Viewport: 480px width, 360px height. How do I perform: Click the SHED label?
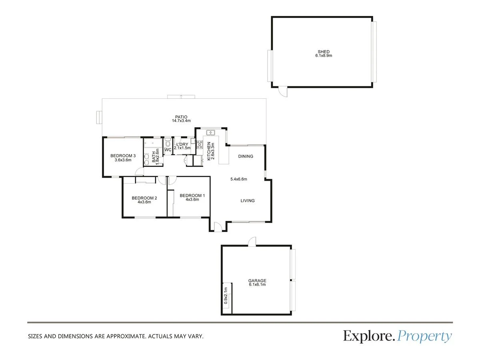(324, 52)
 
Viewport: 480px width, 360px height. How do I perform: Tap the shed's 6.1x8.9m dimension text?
(324, 56)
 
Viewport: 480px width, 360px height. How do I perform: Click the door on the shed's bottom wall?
(283, 92)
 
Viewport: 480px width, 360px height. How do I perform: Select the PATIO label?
(180, 117)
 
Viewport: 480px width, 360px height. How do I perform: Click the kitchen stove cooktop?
(199, 144)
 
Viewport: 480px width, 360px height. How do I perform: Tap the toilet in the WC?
(168, 143)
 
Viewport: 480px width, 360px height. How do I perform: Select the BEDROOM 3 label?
(123, 156)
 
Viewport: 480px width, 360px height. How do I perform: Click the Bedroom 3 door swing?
(139, 172)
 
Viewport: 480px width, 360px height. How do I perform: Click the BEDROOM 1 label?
(192, 196)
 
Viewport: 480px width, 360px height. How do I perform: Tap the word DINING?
(246, 156)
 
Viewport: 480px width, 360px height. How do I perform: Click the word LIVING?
(248, 201)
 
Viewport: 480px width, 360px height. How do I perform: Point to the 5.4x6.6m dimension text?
(239, 179)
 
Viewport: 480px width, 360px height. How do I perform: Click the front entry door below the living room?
(218, 227)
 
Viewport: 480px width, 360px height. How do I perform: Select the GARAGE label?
(257, 281)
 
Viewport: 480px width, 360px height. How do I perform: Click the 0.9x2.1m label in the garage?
(226, 296)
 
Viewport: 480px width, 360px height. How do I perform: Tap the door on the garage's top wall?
(251, 242)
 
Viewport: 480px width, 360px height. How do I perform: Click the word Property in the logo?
(425, 336)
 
